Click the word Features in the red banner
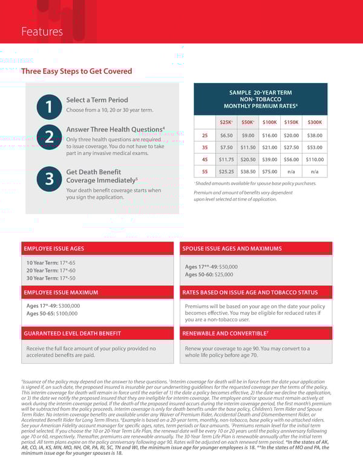point(42,31)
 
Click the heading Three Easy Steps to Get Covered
point(76,71)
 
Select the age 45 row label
point(205,159)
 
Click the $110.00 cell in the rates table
point(314,159)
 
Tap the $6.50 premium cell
point(226,135)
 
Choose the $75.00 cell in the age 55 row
point(269,171)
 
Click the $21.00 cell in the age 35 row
point(269,147)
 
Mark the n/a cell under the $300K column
point(314,171)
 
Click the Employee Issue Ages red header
point(54,248)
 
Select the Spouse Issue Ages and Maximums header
point(232,248)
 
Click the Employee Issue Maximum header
point(60,293)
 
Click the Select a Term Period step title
point(97,100)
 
